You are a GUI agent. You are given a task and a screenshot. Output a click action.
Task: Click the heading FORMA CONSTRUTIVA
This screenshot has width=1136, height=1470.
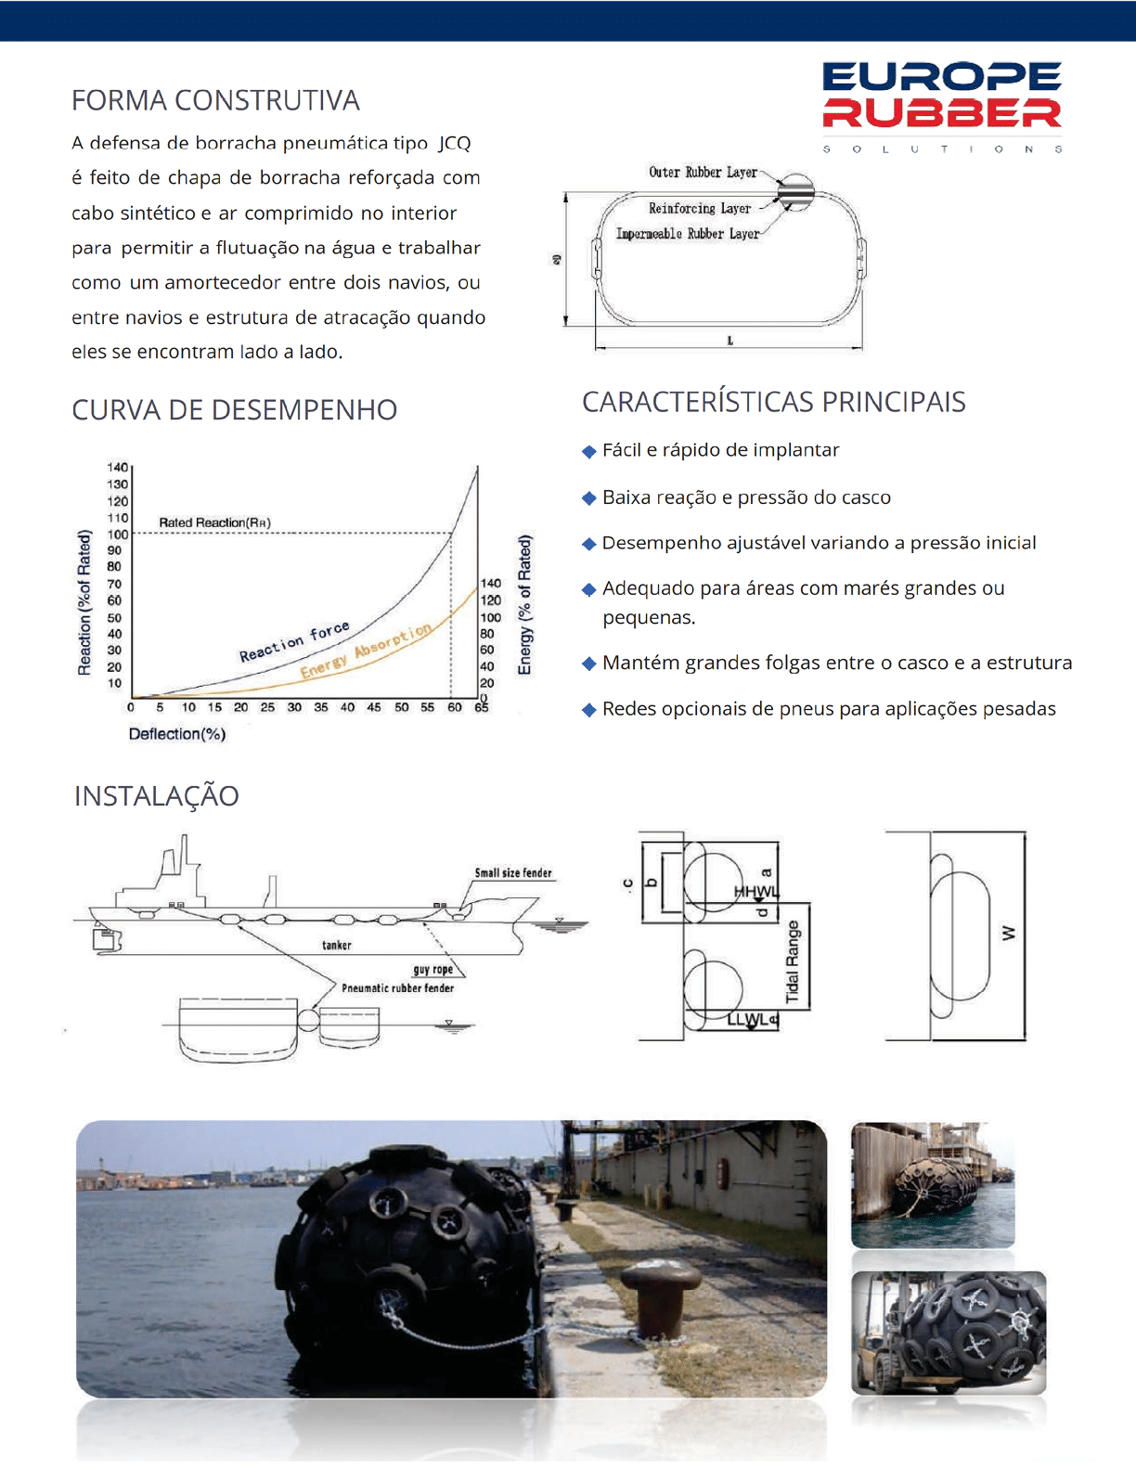(x=215, y=100)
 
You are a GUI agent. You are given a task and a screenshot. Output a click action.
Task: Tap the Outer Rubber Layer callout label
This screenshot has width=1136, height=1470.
(x=703, y=173)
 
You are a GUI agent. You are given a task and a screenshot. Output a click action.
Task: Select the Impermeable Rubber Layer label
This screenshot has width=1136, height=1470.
(x=687, y=234)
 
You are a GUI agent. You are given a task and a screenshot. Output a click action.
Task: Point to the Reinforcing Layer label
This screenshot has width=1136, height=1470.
(x=699, y=209)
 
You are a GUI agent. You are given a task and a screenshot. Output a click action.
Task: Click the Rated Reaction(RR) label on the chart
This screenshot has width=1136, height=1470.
(x=214, y=522)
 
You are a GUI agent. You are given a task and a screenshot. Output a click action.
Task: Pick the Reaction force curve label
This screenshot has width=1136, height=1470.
(x=294, y=641)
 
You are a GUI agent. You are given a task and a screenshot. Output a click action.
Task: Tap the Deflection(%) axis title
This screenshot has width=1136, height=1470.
(x=176, y=734)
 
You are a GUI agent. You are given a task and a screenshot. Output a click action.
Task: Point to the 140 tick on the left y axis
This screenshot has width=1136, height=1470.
(x=118, y=467)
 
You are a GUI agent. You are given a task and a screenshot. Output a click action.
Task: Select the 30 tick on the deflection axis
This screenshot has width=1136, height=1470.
(x=294, y=707)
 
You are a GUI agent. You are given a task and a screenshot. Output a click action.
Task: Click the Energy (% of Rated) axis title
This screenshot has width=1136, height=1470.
(x=525, y=604)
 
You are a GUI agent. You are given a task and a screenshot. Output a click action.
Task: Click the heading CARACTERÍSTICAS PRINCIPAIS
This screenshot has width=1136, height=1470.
(x=773, y=402)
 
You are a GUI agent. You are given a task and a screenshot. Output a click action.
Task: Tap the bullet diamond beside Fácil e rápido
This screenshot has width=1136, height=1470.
(x=588, y=451)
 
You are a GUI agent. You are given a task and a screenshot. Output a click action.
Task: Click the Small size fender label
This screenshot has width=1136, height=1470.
(x=512, y=872)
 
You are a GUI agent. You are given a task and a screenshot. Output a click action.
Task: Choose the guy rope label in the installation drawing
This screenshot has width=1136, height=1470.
(x=433, y=969)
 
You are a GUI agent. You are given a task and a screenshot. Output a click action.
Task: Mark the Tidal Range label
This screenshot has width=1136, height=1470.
(x=793, y=961)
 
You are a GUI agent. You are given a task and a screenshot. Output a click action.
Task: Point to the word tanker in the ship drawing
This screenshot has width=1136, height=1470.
(x=337, y=945)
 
